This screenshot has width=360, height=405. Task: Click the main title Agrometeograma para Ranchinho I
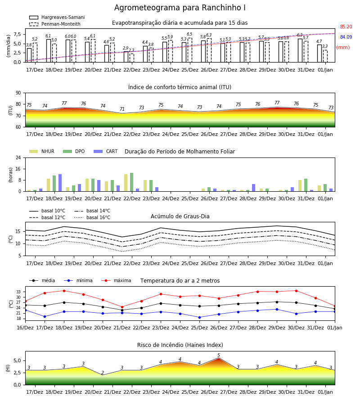(x=180, y=8)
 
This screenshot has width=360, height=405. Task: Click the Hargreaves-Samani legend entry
(x=57, y=17)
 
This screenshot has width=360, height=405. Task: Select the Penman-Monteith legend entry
(x=55, y=24)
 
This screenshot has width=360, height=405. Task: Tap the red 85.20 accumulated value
(x=346, y=27)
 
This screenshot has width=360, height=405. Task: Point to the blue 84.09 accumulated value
(x=346, y=37)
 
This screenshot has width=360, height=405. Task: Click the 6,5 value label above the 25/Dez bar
(x=189, y=34)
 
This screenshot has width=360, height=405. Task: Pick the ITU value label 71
(x=122, y=109)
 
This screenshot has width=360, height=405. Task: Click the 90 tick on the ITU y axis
(x=18, y=93)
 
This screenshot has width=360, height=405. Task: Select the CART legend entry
(x=105, y=151)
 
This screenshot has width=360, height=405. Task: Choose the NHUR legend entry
(x=42, y=151)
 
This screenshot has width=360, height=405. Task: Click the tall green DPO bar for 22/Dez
(x=132, y=182)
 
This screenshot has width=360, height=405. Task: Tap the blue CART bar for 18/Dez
(x=60, y=183)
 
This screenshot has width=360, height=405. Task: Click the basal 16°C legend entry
(x=92, y=217)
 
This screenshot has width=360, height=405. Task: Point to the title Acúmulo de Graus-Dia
(x=180, y=216)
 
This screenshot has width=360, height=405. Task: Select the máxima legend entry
(x=116, y=280)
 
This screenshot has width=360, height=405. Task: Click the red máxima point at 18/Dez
(x=64, y=291)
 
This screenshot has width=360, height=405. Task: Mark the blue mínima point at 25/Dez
(x=200, y=317)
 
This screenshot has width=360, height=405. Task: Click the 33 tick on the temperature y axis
(x=18, y=292)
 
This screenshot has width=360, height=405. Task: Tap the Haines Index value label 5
(x=219, y=355)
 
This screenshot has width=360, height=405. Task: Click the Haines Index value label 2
(x=103, y=373)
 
